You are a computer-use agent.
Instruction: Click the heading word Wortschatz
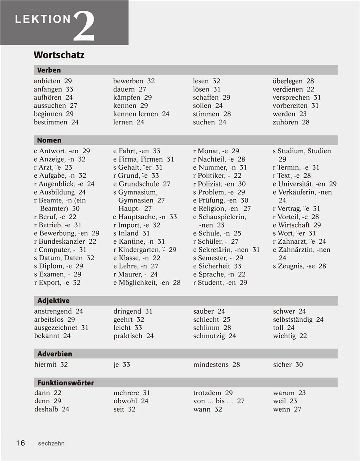tap(59, 55)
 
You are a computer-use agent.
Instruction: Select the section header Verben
tap(49, 70)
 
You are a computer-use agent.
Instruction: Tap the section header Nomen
tap(49, 140)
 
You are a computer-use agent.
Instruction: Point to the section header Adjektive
tap(53, 301)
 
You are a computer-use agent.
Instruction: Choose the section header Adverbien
tap(54, 354)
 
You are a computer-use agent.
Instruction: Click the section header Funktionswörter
tap(65, 383)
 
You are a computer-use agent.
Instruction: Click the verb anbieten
tap(47, 81)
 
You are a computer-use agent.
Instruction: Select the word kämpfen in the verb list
tap(127, 98)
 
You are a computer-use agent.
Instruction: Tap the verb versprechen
tap(291, 98)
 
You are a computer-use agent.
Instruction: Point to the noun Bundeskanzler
tap(62, 242)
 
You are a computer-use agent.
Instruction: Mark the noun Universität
tap(296, 184)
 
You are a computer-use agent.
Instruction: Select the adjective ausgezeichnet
tap(56, 328)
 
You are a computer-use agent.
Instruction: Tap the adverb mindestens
tap(211, 365)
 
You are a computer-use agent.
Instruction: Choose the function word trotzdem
tap(207, 393)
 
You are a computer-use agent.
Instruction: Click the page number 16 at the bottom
tap(20, 443)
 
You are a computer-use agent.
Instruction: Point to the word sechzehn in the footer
tap(51, 443)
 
